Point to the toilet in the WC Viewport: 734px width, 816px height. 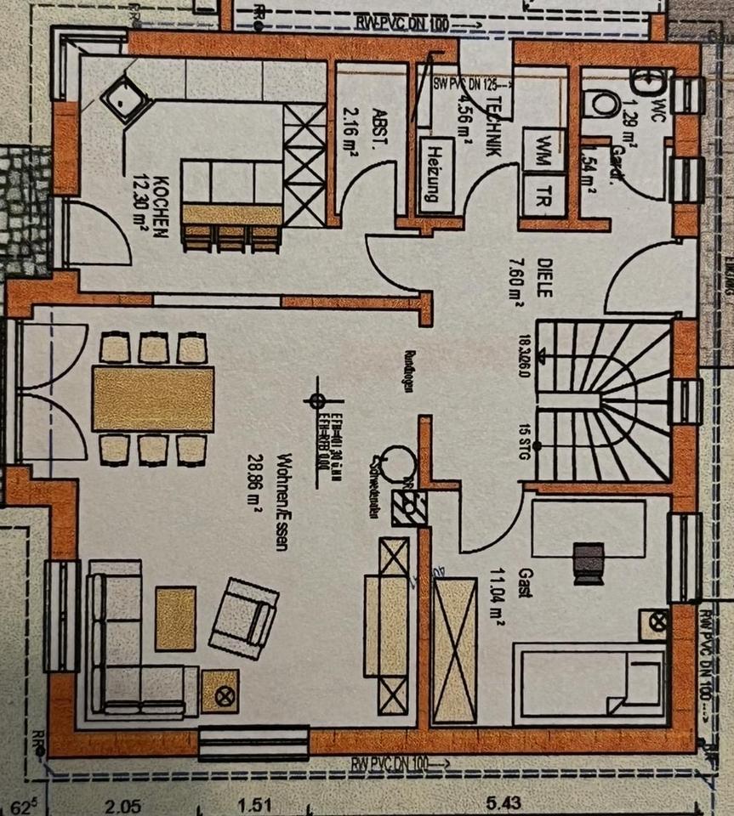(x=605, y=103)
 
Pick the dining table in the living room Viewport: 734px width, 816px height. (x=153, y=398)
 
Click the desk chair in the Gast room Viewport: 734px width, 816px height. (x=588, y=562)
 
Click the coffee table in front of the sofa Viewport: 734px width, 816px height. (x=176, y=619)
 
